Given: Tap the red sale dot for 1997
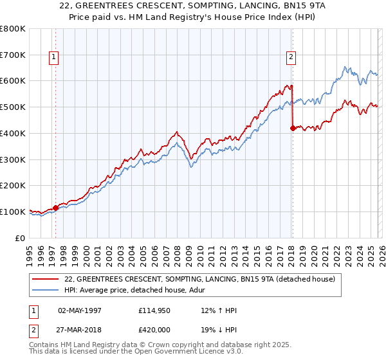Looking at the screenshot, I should pyautogui.click(x=55, y=208).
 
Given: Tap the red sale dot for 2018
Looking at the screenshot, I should pyautogui.click(x=293, y=128).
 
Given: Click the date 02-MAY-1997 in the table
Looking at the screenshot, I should pyautogui.click(x=80, y=310).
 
